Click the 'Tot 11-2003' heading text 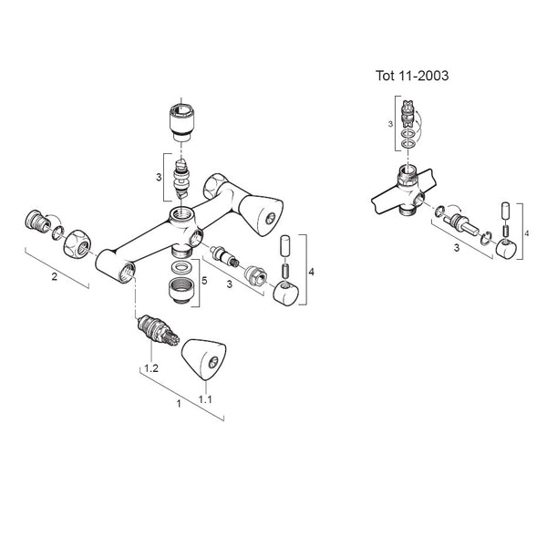coord(412,76)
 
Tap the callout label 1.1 coord(205,399)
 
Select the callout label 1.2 coord(151,368)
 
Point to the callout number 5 coord(204,281)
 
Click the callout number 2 coord(54,277)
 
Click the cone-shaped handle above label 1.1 coord(203,359)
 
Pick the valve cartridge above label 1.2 coord(159,331)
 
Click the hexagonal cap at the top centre coord(181,123)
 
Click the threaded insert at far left coord(36,222)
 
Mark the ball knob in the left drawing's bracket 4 coord(285,293)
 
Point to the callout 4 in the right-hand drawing coord(527,233)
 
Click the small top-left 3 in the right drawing coord(390,124)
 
